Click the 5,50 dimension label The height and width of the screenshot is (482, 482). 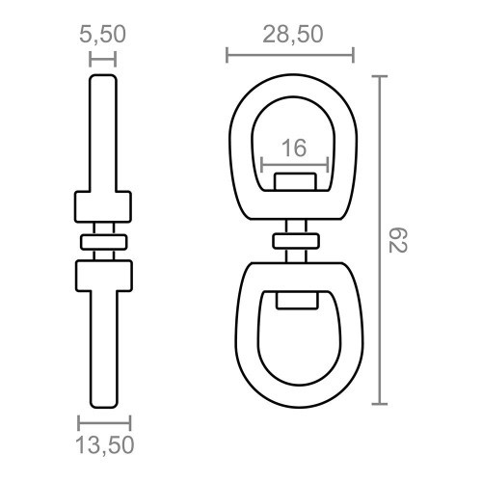coord(102,35)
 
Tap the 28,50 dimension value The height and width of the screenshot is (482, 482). coord(293,35)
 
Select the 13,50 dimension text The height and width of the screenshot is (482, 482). coord(105,445)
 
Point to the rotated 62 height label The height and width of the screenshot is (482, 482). coord(398,240)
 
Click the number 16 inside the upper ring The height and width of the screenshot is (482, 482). coord(294,148)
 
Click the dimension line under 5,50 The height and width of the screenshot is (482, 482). coord(102,60)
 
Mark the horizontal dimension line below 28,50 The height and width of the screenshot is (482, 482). coord(290,55)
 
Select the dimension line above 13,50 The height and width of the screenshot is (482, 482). coord(104,423)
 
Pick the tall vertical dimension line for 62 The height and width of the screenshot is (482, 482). coord(380,240)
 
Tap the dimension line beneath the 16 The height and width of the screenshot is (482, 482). coord(295,165)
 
